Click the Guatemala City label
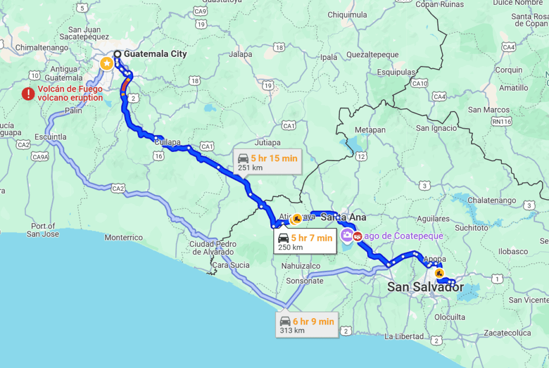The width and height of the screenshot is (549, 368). (x=155, y=54)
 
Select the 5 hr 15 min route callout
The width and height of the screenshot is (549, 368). (x=267, y=163)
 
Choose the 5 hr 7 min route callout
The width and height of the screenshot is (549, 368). (x=305, y=242)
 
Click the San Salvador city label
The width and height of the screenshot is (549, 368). (x=425, y=287)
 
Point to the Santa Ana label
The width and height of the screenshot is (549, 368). (x=343, y=217)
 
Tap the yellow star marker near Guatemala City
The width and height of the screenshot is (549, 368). (x=107, y=64)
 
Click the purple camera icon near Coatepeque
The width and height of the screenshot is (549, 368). (x=347, y=235)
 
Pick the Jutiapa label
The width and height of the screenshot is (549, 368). (x=268, y=143)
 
